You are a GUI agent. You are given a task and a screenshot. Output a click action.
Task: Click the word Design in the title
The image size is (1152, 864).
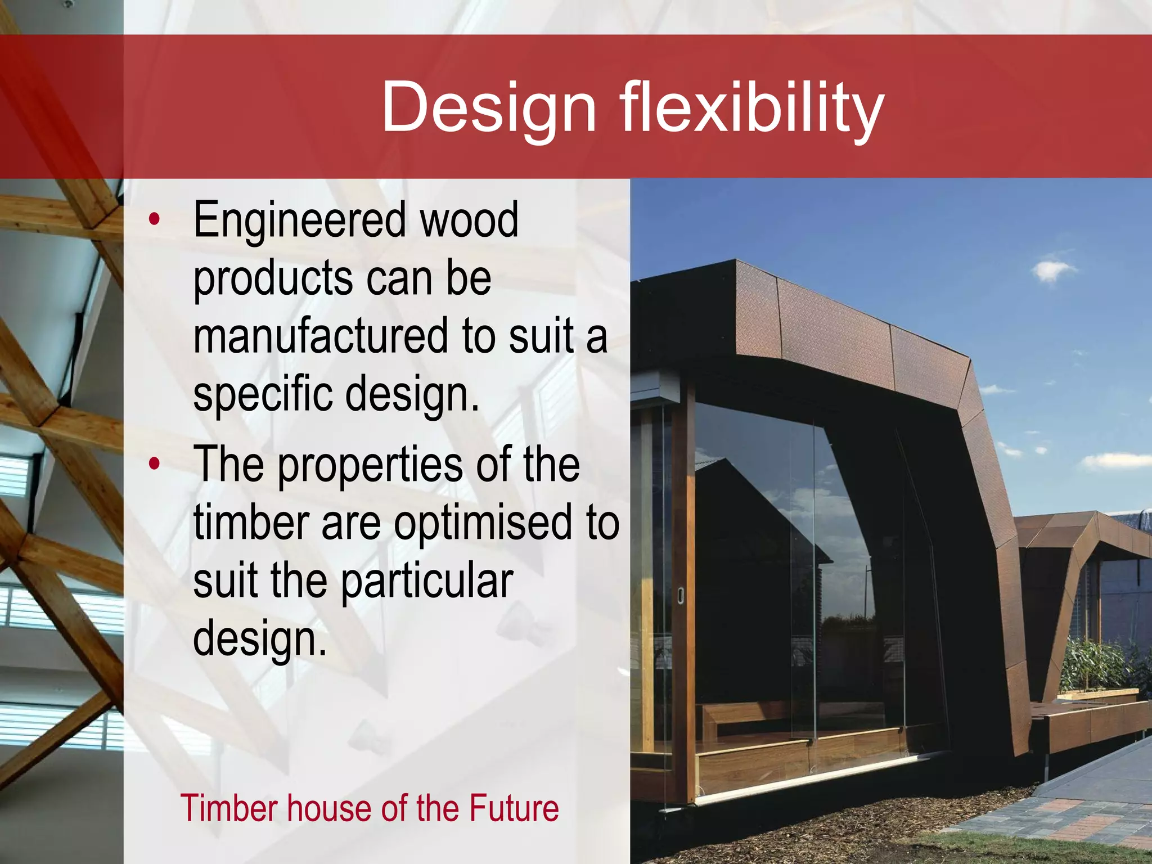click(x=488, y=107)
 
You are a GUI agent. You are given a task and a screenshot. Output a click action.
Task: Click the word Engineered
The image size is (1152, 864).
click(x=299, y=221)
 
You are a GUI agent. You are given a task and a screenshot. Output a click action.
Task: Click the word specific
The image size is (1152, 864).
click(x=262, y=394)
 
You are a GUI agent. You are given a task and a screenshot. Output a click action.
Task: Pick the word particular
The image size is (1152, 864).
click(x=427, y=582)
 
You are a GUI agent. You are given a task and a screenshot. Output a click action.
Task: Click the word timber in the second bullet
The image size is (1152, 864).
click(x=251, y=523)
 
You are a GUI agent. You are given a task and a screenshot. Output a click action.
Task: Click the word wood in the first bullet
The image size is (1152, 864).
click(x=469, y=220)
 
